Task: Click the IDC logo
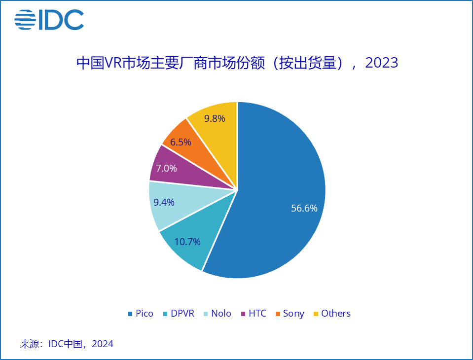pos(49,20)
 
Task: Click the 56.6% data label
pos(304,208)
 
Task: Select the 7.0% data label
pos(166,168)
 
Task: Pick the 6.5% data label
pos(181,142)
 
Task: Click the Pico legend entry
pos(141,314)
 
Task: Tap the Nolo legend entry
pos(217,314)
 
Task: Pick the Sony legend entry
pos(290,314)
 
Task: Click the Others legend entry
pos(331,314)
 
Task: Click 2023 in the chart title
pos(381,63)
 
